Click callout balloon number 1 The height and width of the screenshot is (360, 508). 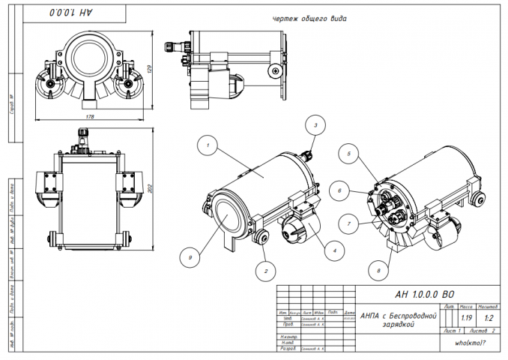pyautogui.click(x=208, y=140)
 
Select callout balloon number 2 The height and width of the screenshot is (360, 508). pyautogui.click(x=264, y=268)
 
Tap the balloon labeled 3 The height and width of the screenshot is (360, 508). pyautogui.click(x=316, y=125)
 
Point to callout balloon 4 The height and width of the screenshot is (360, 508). pyautogui.click(x=335, y=250)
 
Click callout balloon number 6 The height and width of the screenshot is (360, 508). pyautogui.click(x=339, y=191)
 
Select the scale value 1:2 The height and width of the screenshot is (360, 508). pyautogui.click(x=489, y=319)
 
